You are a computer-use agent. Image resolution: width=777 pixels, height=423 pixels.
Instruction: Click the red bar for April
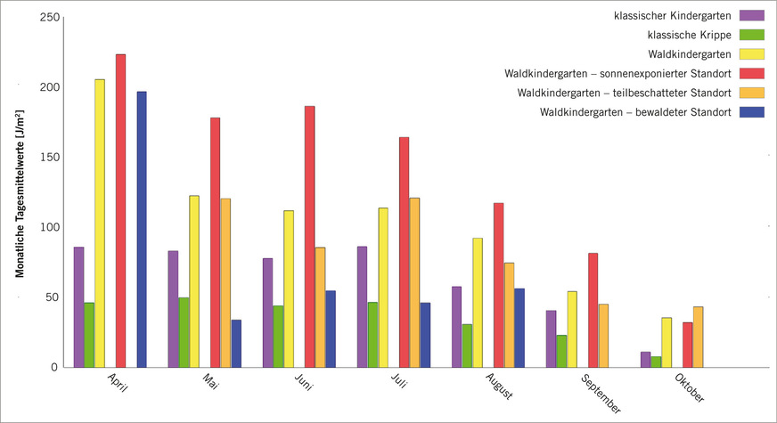[x=120, y=210]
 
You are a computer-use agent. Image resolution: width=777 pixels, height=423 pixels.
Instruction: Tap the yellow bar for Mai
[x=194, y=281]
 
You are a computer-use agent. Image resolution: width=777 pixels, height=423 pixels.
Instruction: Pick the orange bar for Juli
[x=414, y=282]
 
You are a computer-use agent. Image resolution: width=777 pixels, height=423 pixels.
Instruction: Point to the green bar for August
[x=467, y=346]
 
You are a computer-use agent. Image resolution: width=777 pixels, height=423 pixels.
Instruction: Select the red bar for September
[x=593, y=310]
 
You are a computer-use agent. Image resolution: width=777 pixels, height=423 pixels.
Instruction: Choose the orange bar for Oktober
[x=698, y=337]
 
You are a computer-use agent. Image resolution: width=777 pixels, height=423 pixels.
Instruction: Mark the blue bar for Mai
[x=236, y=343]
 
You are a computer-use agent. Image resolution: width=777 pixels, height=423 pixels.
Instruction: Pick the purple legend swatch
[x=754, y=16]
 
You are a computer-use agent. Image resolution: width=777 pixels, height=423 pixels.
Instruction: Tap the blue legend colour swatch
[x=754, y=112]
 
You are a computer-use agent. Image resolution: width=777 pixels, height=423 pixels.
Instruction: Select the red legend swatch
[x=754, y=74]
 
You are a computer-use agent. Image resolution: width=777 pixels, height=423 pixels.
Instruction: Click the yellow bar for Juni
[x=289, y=289]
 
